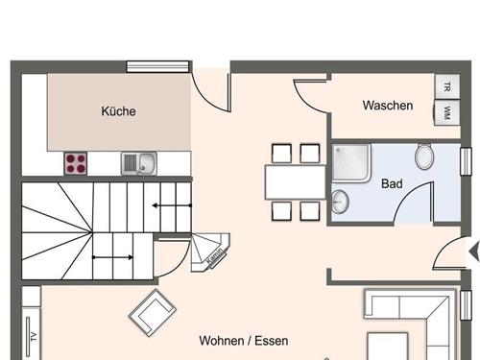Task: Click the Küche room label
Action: pos(118,111)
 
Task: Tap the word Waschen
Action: pos(388,106)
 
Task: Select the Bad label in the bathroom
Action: pos(392,183)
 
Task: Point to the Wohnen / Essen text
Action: pos(243,341)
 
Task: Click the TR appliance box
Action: pos(447,85)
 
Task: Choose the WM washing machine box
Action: pos(447,112)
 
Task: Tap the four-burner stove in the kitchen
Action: pos(77,163)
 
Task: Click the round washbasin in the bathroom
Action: pos(340,203)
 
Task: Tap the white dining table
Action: pos(296,180)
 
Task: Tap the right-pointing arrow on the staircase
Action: pos(113,257)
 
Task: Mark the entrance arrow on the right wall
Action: pos(471,252)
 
